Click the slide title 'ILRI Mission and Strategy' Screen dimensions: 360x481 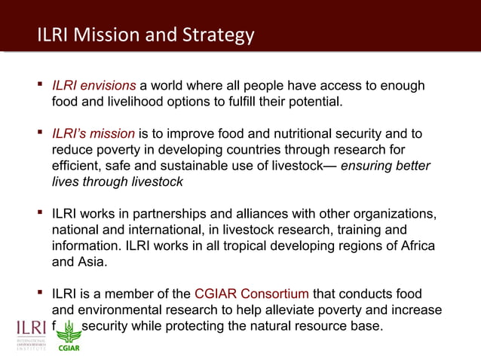pos(146,35)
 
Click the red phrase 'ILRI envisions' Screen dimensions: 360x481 pos(93,87)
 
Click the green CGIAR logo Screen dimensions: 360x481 pos(69,336)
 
